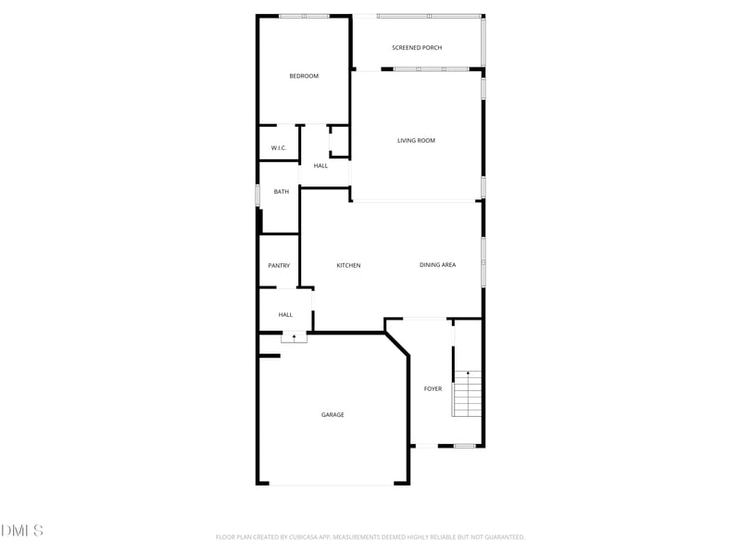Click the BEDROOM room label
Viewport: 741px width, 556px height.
304,76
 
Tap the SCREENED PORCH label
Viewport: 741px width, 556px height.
417,47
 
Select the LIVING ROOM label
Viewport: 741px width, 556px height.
416,141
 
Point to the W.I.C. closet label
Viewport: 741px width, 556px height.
279,148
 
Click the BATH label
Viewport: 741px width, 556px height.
281,192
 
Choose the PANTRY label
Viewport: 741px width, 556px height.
279,266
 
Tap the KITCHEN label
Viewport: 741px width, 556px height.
348,266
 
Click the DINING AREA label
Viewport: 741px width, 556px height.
437,265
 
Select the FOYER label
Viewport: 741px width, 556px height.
433,389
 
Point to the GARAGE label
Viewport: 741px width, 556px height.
333,415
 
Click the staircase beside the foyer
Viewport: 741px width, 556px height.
468,393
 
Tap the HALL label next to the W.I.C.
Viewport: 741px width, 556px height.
320,166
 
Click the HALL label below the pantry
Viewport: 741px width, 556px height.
285,315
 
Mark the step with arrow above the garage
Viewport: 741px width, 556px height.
294,337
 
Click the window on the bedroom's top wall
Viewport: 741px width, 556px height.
304,16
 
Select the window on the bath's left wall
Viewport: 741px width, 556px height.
257,196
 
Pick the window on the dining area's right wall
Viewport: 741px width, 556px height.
483,260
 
